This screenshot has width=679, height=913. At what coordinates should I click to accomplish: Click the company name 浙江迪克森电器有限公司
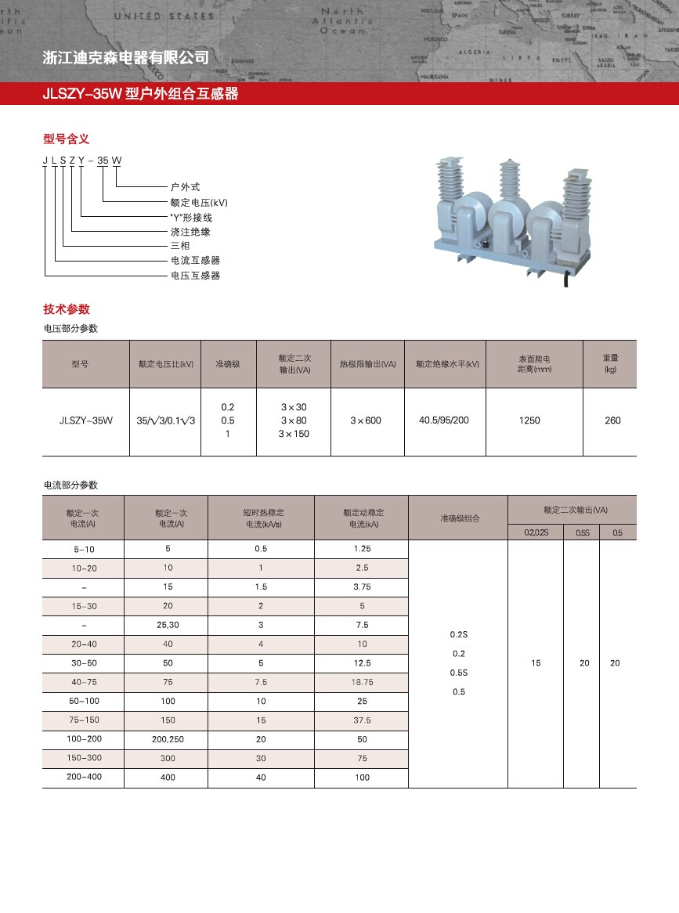click(x=125, y=57)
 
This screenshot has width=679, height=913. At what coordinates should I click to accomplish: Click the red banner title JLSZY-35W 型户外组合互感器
click(x=141, y=95)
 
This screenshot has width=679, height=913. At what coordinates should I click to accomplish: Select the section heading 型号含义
click(x=66, y=139)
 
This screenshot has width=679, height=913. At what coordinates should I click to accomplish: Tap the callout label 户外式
click(x=185, y=187)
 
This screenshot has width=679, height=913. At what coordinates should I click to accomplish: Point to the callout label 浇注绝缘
click(x=190, y=232)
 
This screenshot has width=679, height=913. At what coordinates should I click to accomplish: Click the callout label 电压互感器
click(x=195, y=276)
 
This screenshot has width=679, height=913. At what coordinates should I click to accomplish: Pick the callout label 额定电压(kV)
click(x=199, y=202)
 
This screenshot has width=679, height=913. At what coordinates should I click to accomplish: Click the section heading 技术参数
click(x=66, y=309)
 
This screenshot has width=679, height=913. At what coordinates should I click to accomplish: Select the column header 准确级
click(x=228, y=364)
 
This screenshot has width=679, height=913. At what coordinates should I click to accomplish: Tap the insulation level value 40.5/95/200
click(x=444, y=420)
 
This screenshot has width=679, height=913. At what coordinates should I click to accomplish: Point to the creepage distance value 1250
click(x=529, y=420)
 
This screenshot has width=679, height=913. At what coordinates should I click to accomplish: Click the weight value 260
click(x=612, y=420)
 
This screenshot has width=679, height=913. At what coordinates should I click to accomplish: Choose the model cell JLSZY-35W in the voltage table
click(x=85, y=420)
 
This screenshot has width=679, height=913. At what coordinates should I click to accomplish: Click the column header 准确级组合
click(x=459, y=518)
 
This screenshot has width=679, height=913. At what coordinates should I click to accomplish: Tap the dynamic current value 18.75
click(x=361, y=682)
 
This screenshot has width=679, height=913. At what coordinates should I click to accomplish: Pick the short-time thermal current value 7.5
click(x=261, y=682)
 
